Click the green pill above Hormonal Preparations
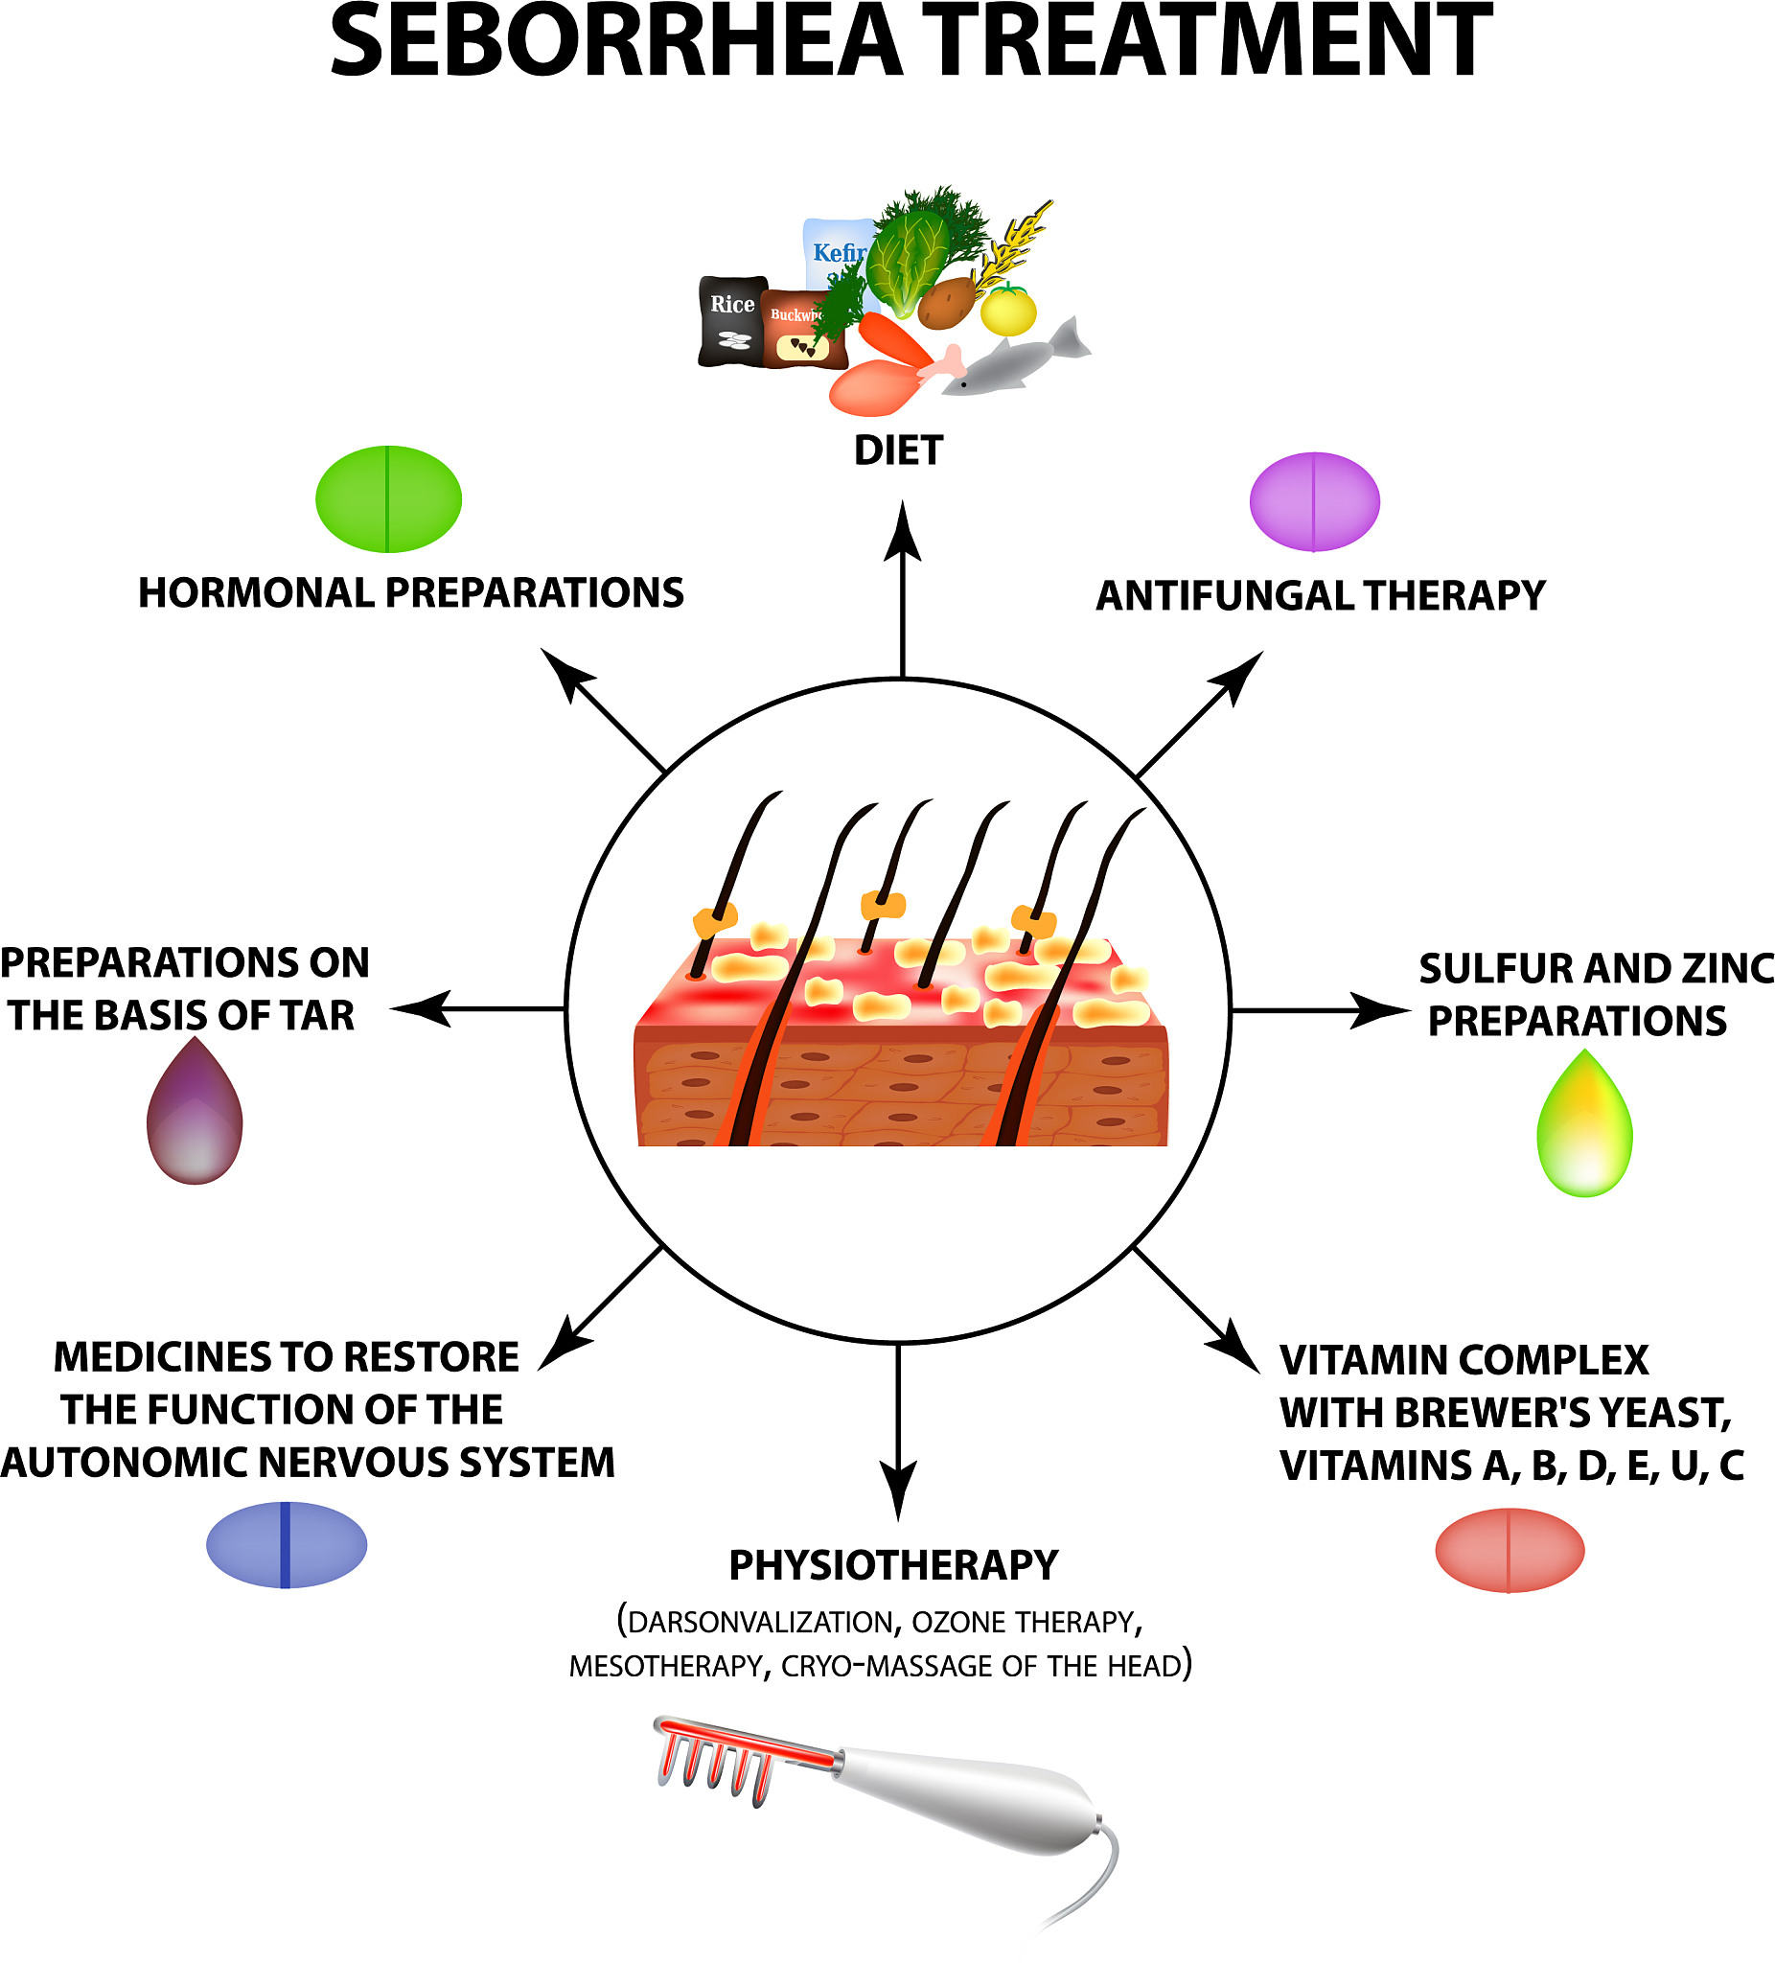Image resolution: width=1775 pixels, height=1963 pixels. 387,499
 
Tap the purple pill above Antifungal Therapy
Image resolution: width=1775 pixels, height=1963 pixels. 1313,501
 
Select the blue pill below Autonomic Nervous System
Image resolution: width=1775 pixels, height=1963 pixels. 287,1544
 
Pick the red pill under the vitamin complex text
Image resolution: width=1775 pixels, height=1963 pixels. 1510,1550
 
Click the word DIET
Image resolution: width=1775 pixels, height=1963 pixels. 898,450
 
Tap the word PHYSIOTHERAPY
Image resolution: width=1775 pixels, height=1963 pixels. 893,1566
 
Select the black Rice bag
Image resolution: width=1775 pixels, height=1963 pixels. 731,322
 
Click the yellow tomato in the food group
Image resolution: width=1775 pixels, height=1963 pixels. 1008,310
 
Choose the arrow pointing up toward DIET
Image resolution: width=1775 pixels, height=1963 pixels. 903,585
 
